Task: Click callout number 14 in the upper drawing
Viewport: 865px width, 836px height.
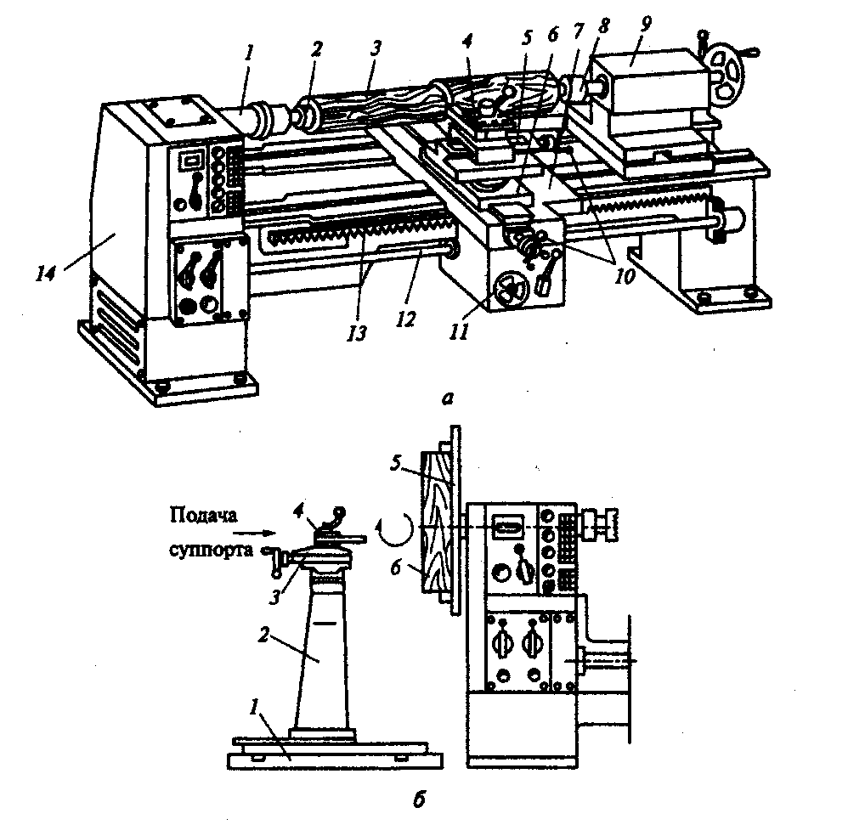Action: (46, 273)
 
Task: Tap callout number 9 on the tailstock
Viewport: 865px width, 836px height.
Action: (645, 24)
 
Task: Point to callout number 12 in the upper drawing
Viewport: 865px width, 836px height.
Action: (405, 319)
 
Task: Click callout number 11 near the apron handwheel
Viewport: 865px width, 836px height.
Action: (459, 331)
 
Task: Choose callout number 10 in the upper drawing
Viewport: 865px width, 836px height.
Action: (625, 276)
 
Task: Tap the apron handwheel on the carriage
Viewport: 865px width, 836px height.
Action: (511, 290)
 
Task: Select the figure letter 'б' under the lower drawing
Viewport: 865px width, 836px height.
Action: (420, 799)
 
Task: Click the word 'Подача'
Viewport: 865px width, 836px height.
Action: (204, 516)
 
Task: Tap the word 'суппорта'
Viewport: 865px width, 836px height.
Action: (212, 550)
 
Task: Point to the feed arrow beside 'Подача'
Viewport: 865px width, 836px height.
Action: (254, 533)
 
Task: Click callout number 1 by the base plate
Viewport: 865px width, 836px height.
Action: (254, 707)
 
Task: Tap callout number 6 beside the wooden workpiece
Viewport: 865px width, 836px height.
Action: (396, 568)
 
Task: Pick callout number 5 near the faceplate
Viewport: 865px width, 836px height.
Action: (396, 463)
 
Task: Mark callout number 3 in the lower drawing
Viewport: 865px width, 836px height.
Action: (275, 596)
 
